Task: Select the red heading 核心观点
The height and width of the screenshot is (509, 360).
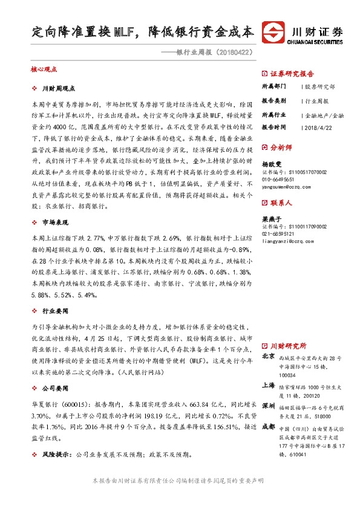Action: click(44, 70)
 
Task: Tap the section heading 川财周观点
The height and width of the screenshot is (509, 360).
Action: click(62, 89)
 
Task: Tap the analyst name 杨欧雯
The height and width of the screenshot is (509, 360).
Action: click(272, 164)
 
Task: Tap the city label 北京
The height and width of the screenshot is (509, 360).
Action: click(268, 357)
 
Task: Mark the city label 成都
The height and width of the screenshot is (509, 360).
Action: click(268, 426)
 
